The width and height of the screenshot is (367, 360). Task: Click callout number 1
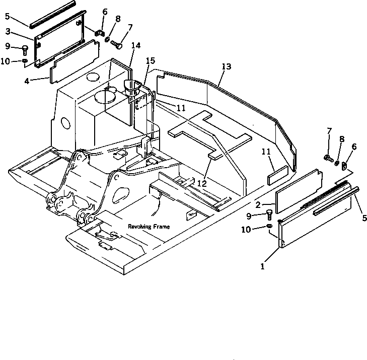[262, 266]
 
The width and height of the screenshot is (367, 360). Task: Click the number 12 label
[202, 184]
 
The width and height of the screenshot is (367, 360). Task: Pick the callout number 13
[226, 66]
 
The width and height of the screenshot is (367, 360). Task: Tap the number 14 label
[135, 45]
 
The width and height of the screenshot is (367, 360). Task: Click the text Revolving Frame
[149, 227]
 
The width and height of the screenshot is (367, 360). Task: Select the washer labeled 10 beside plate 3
[25, 61]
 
